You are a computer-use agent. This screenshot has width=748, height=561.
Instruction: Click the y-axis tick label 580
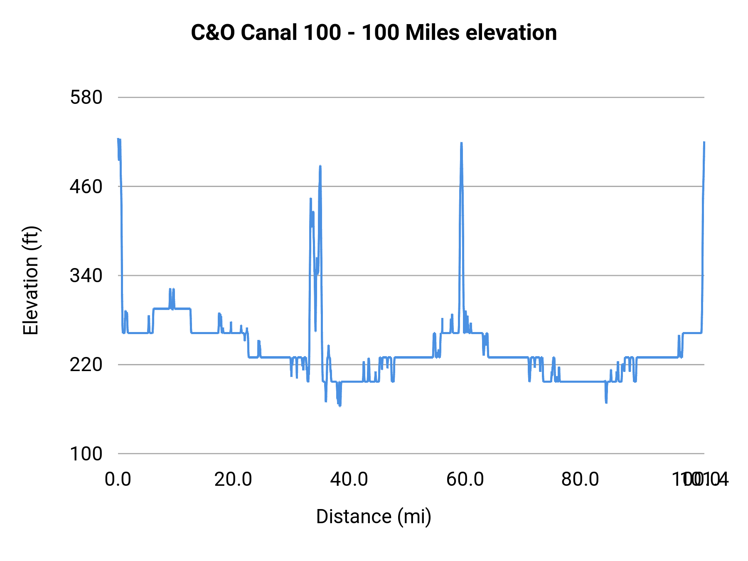[x=86, y=98]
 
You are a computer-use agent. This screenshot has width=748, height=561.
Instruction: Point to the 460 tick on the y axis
[x=86, y=187]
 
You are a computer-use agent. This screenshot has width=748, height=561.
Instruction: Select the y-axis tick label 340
[x=86, y=276]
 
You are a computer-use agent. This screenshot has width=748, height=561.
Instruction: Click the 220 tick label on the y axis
[x=86, y=364]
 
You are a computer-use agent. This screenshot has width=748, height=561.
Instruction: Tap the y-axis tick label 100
[x=86, y=454]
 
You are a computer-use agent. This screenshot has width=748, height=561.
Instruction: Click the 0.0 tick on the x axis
[x=118, y=480]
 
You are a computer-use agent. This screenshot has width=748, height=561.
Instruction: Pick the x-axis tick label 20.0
[x=233, y=480]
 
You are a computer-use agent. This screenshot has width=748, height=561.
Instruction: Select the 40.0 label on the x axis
[x=349, y=480]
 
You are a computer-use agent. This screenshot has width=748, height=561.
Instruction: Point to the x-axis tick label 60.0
[x=465, y=480]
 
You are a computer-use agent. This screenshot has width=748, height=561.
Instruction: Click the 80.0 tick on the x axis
[x=580, y=480]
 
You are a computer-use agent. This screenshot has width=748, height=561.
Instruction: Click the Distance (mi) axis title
[x=374, y=517]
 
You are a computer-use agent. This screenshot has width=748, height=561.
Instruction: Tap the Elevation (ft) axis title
[x=31, y=280]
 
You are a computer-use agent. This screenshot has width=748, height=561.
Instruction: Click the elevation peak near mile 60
[x=461, y=143]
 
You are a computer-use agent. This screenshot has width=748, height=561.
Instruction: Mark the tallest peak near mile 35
[x=320, y=166]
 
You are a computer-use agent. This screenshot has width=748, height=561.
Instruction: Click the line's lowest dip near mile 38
[x=340, y=405]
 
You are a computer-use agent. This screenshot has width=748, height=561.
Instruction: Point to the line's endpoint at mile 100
[x=704, y=142]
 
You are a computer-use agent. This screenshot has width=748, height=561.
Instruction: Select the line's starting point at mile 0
[x=118, y=139]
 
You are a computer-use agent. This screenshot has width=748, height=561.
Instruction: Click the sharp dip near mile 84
[x=606, y=402]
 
